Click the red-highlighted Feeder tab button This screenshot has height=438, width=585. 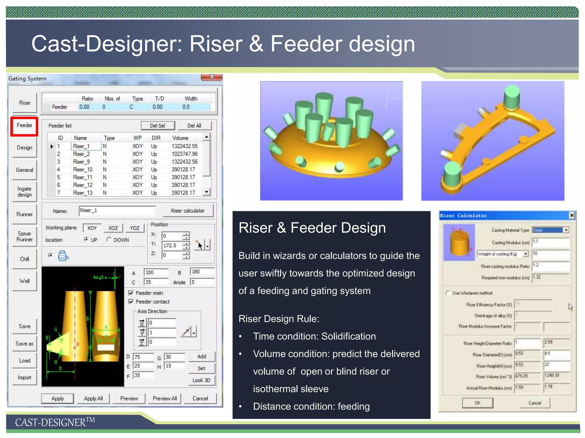[x=25, y=125]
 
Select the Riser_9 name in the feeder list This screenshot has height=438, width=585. [x=81, y=162]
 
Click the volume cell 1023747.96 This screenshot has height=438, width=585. [x=185, y=154]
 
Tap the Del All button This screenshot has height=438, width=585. [x=194, y=126]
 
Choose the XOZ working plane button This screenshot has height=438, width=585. [x=113, y=228]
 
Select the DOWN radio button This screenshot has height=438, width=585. [x=109, y=240]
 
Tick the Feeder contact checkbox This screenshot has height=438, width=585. [x=131, y=302]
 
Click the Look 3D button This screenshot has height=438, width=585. [x=201, y=380]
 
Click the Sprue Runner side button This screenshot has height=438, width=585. [x=25, y=236]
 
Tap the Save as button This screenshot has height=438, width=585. [x=25, y=344]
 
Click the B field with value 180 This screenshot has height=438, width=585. [x=202, y=272]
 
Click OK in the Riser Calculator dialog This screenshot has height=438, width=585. [x=477, y=403]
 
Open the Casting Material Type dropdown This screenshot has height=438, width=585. [x=566, y=230]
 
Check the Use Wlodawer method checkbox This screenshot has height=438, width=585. [x=448, y=293]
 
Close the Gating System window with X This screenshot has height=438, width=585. [x=212, y=77]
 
